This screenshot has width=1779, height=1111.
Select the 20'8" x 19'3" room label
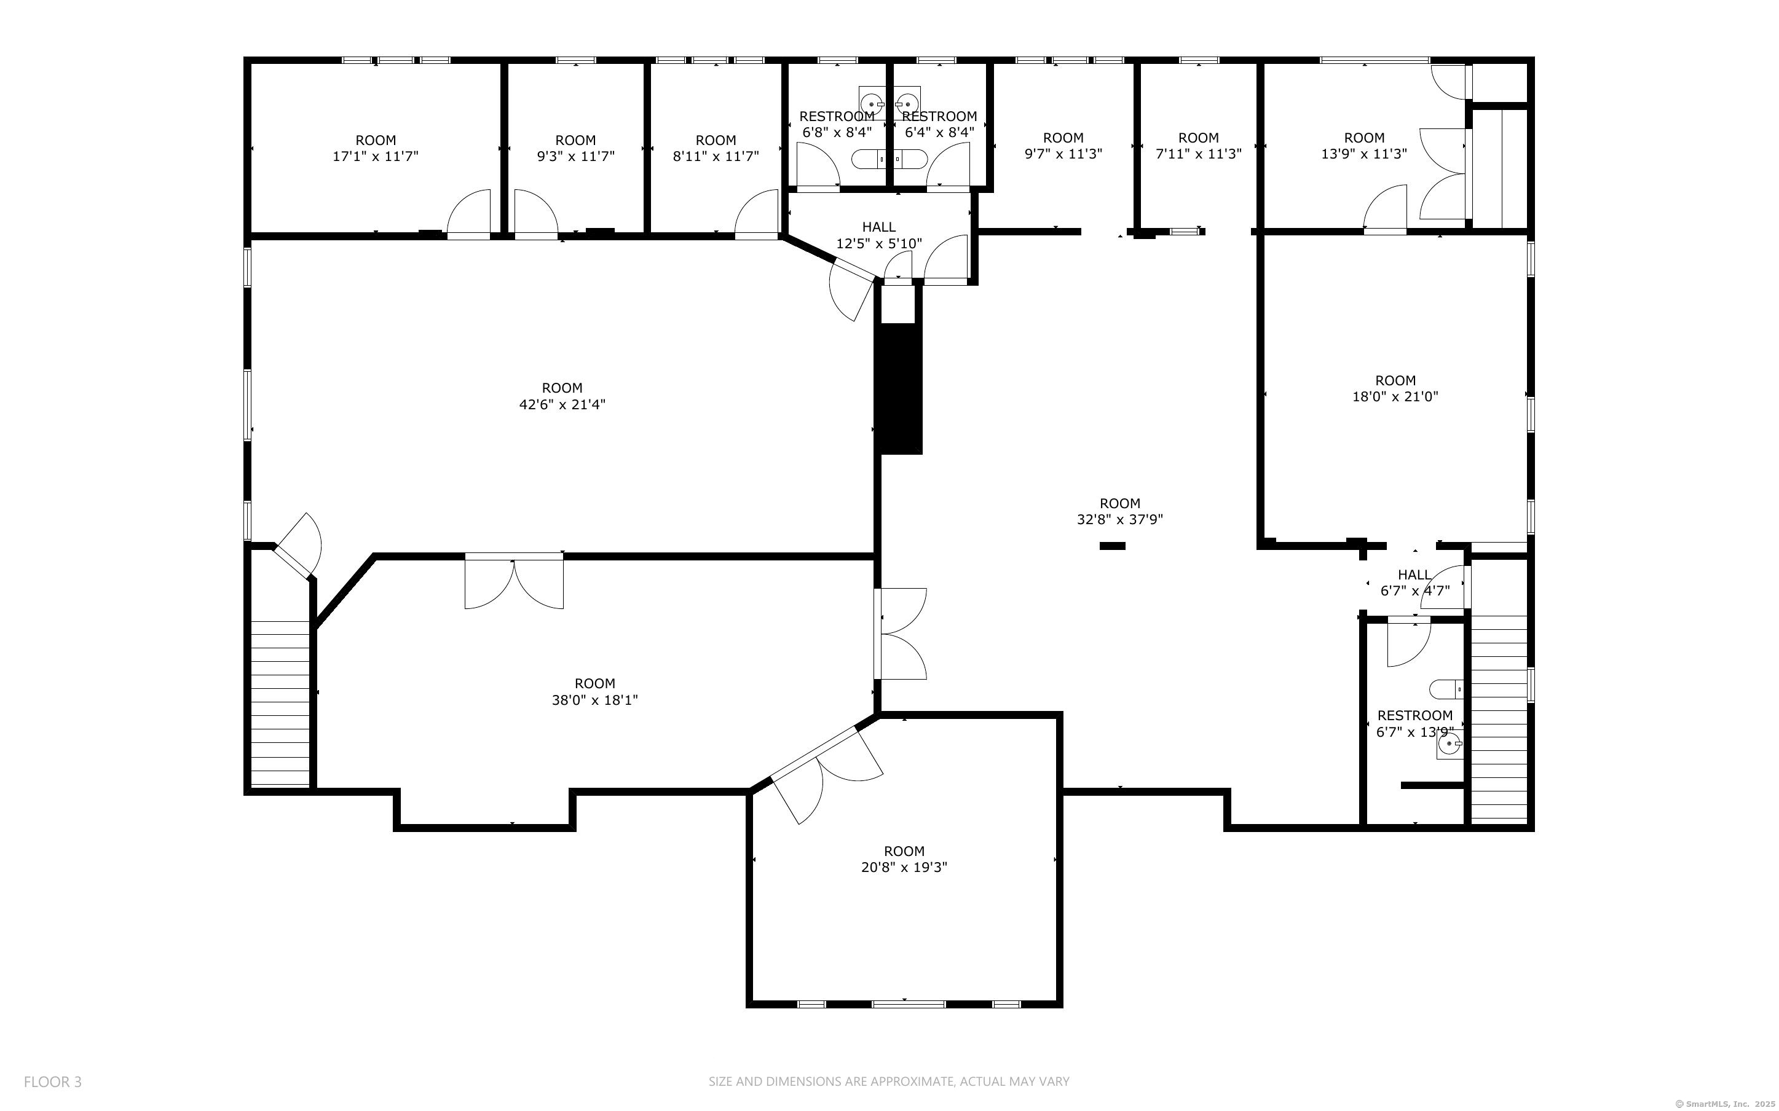click(x=904, y=859)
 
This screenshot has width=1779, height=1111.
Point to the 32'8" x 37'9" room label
click(x=1120, y=511)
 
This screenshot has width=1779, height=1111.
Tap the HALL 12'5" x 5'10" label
click(x=879, y=235)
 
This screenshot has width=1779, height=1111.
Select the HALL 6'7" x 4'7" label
click(x=1414, y=583)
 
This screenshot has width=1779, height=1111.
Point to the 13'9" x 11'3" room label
click(x=1364, y=146)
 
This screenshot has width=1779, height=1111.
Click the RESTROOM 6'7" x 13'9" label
click(x=1414, y=724)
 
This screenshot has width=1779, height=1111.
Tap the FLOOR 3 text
click(x=53, y=1082)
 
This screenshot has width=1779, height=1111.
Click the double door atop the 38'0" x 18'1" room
click(x=514, y=581)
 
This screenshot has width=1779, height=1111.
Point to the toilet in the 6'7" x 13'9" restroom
click(x=1445, y=689)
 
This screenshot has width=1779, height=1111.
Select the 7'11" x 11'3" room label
click(x=1199, y=146)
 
